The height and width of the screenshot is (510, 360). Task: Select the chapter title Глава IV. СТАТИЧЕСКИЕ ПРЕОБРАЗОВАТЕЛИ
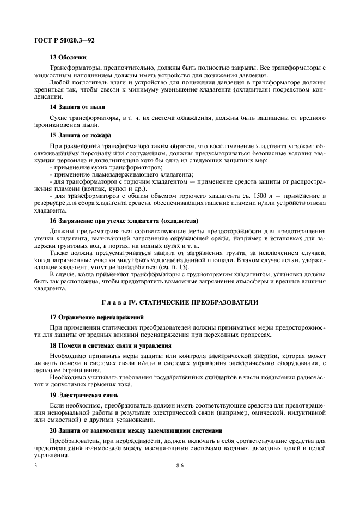click(180, 302)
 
